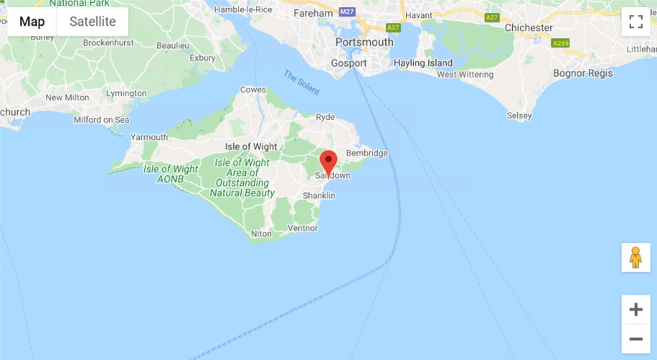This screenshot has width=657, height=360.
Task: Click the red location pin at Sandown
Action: click(x=328, y=161)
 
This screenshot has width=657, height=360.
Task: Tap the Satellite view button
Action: click(x=92, y=22)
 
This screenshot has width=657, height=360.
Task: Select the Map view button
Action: click(x=32, y=22)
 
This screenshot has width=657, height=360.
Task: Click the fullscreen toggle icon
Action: click(x=635, y=22)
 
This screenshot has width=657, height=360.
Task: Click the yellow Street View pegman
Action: click(x=635, y=257)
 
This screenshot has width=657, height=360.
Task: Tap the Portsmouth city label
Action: click(x=364, y=42)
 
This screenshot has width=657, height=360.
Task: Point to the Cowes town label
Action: click(x=252, y=90)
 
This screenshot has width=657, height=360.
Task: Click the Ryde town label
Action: click(x=325, y=117)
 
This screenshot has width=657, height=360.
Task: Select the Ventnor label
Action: click(x=302, y=228)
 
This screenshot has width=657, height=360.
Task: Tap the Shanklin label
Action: click(x=318, y=196)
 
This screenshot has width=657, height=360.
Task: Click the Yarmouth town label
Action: click(x=148, y=137)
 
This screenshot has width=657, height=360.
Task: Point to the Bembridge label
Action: click(x=367, y=153)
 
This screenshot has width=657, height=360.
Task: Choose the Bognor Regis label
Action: click(x=582, y=73)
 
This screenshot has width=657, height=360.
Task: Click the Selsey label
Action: click(x=519, y=115)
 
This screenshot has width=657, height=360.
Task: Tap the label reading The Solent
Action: click(x=301, y=83)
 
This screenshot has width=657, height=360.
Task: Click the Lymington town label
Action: click(x=126, y=93)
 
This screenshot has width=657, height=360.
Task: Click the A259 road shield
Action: click(x=560, y=44)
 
